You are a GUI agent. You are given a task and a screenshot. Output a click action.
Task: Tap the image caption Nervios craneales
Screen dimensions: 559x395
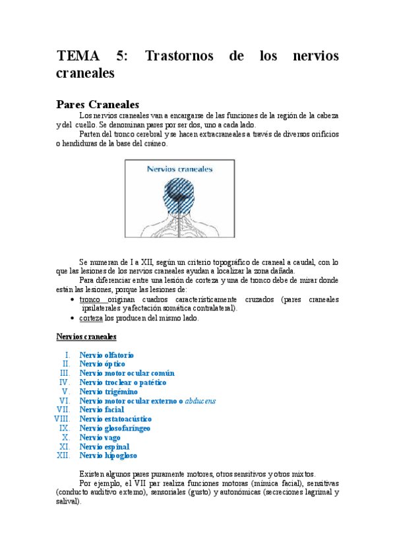pyautogui.click(x=179, y=169)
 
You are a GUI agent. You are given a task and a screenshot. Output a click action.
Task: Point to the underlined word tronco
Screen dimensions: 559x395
pyautogui.click(x=90, y=299)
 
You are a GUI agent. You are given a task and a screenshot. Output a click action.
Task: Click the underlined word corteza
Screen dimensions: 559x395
pyautogui.click(x=91, y=318)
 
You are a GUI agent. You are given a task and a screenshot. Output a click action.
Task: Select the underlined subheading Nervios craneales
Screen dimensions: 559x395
pyautogui.click(x=86, y=336)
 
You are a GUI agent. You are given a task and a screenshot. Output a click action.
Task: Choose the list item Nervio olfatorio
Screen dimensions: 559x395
pyautogui.click(x=106, y=355)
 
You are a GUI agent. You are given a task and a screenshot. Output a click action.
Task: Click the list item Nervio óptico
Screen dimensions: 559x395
pyautogui.click(x=102, y=364)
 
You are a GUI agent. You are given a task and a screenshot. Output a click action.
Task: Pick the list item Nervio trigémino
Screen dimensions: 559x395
pyautogui.click(x=108, y=392)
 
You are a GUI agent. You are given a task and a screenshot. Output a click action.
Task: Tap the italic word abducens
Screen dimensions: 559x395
pyautogui.click(x=200, y=401)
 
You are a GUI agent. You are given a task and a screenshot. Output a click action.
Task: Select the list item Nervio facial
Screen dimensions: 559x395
pyautogui.click(x=102, y=410)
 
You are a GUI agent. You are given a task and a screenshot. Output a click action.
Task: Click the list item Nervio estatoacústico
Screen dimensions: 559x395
pyautogui.click(x=115, y=419)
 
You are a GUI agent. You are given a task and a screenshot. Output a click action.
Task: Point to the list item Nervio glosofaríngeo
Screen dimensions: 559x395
pyautogui.click(x=115, y=428)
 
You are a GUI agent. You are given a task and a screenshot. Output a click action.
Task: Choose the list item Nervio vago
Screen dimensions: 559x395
pyautogui.click(x=100, y=438)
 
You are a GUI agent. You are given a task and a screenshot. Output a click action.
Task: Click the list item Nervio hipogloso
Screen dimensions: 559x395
pyautogui.click(x=108, y=456)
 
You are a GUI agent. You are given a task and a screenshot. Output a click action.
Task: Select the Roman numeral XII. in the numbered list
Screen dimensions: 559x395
pyautogui.click(x=63, y=456)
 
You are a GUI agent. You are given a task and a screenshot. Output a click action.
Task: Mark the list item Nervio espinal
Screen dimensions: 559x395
pyautogui.click(x=104, y=447)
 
